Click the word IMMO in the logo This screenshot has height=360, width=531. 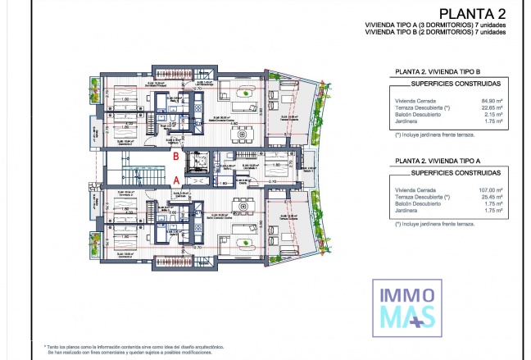[x=405, y=293]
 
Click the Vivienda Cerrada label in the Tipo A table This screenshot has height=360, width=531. [x=414, y=190]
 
